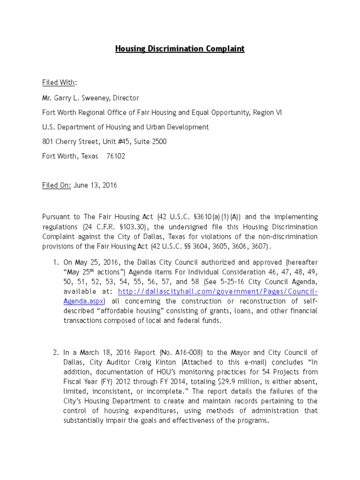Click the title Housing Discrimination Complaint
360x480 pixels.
[180, 49]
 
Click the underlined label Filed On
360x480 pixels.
[57, 185]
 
